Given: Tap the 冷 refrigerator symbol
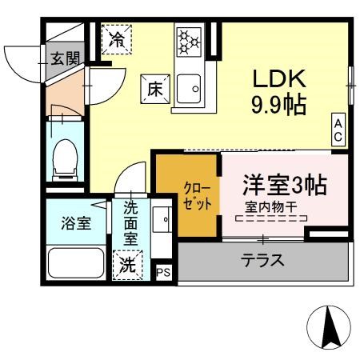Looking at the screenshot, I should pyautogui.click(x=117, y=38).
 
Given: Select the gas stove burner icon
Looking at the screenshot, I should pyautogui.click(x=189, y=40).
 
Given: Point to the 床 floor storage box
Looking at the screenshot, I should pyautogui.click(x=154, y=88).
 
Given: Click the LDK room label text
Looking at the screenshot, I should pyautogui.click(x=279, y=81).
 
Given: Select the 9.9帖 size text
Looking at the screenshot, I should pyautogui.click(x=279, y=105).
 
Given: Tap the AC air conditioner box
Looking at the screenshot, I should pyautogui.click(x=338, y=130).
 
